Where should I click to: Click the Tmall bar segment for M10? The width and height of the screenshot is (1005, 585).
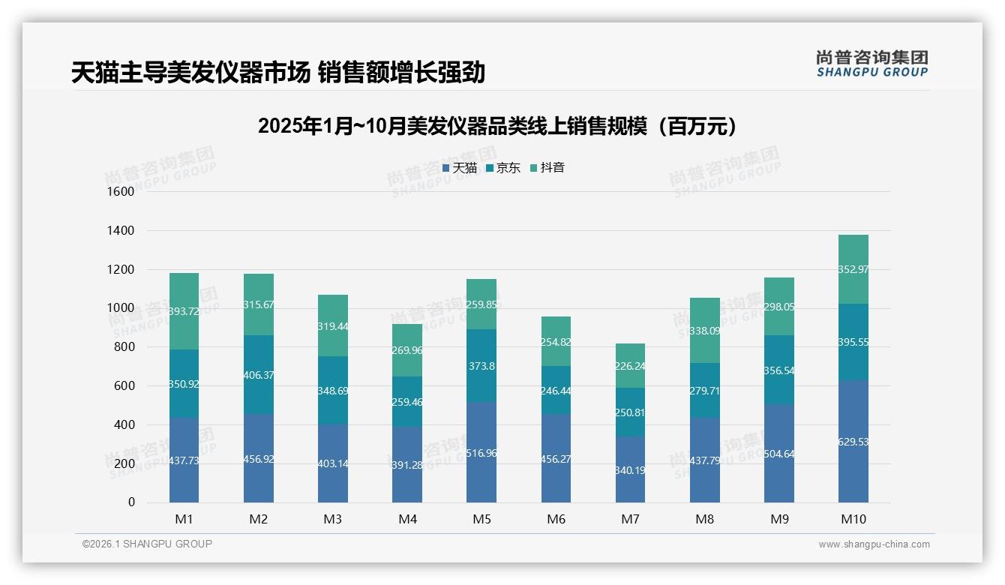pos(853,441)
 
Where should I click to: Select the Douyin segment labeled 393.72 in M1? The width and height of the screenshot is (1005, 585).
pos(184,311)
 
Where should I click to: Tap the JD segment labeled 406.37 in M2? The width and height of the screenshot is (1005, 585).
pos(259,375)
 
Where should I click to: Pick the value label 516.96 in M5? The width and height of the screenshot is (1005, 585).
pos(481,454)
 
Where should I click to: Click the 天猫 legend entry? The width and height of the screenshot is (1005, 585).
pos(459,168)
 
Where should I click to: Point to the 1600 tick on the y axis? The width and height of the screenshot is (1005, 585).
pos(121,192)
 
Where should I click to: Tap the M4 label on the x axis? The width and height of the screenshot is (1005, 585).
pos(407,519)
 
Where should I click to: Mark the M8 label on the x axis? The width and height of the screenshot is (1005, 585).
pos(704,519)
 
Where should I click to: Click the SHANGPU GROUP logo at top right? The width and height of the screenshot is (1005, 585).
pos(871,64)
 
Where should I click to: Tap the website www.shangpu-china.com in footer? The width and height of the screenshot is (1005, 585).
pos(874,544)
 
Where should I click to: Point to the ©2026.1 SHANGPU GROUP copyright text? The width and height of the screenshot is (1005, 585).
pos(147,544)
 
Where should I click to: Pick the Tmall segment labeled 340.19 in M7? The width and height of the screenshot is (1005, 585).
pos(630,469)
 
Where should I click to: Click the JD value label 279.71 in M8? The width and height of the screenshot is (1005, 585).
pos(704,391)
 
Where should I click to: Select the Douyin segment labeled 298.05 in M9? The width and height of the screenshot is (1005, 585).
pos(778,307)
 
